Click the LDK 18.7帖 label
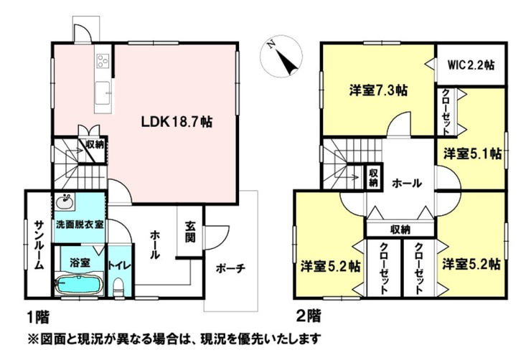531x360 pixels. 177,122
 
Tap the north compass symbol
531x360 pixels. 281,55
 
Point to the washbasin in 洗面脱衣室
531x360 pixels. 65,202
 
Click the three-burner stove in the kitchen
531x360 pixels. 103,62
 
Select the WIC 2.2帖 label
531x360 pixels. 471,65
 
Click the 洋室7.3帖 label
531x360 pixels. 378,90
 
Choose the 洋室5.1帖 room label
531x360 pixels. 472,154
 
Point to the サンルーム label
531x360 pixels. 39,245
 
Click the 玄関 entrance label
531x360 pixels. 190,232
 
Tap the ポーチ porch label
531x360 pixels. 230,269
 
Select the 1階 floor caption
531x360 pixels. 38,317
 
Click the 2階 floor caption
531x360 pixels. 309,317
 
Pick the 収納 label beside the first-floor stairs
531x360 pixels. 95,145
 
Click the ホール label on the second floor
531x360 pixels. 407,184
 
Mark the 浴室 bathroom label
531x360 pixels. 80,262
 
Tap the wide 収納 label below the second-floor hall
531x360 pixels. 400,230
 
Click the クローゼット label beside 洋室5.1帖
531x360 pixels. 446,112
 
